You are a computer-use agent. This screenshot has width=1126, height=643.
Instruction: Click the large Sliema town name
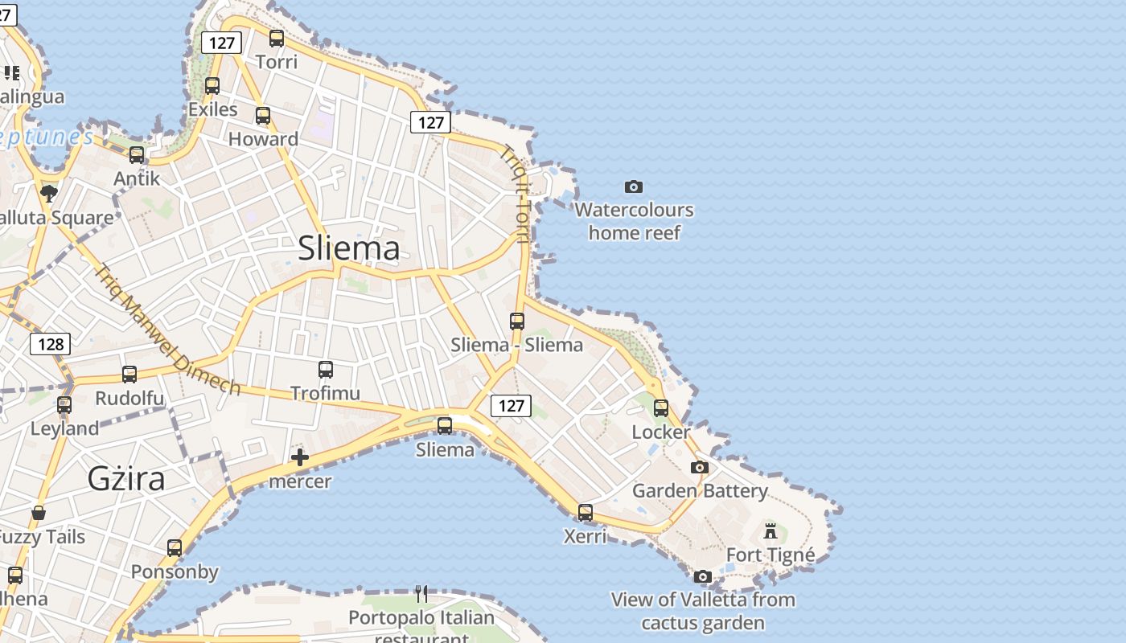point(348,248)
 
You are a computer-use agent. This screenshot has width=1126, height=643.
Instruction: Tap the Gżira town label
point(126,479)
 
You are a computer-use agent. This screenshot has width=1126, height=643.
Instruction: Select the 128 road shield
point(50,345)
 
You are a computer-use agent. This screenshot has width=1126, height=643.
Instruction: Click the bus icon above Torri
point(277,38)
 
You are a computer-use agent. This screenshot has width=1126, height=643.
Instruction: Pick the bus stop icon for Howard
point(263,115)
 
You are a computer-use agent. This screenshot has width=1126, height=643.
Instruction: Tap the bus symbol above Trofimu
point(326,370)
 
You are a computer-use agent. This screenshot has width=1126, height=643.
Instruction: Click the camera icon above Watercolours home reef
point(634,187)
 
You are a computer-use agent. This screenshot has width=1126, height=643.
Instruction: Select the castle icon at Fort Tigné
point(771,530)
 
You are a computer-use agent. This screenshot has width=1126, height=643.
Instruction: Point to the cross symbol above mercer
point(300,458)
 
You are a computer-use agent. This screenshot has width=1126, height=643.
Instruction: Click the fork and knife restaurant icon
point(421,594)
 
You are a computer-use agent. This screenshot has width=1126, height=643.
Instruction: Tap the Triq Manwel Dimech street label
point(167,330)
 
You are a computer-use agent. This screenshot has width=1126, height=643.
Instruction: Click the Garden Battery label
point(700,490)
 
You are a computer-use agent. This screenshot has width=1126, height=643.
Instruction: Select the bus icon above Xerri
point(586,512)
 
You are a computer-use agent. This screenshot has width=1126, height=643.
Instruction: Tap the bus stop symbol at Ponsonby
point(175,548)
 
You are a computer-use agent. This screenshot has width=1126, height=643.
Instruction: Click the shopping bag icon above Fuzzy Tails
point(39,512)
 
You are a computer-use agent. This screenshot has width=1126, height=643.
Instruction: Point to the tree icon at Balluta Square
point(49,193)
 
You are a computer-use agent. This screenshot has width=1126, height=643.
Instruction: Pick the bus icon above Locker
point(661,408)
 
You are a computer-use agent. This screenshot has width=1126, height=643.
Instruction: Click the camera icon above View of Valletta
point(703,576)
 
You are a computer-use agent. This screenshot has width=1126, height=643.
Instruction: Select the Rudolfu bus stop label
point(129,399)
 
